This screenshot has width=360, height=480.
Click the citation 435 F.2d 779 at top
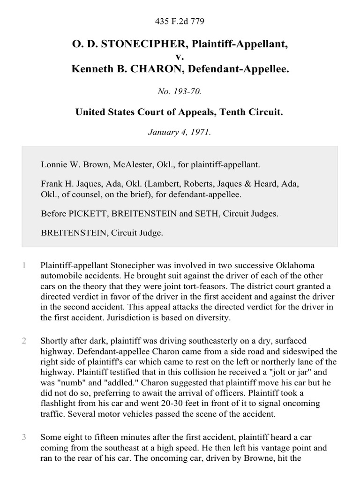click(x=180, y=22)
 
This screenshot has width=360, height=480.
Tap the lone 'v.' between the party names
click(x=180, y=57)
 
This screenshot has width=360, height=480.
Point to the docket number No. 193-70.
click(x=180, y=92)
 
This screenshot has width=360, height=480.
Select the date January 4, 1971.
click(x=180, y=133)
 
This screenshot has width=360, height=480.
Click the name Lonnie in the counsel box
click(x=54, y=165)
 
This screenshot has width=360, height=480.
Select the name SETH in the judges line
click(x=202, y=214)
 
